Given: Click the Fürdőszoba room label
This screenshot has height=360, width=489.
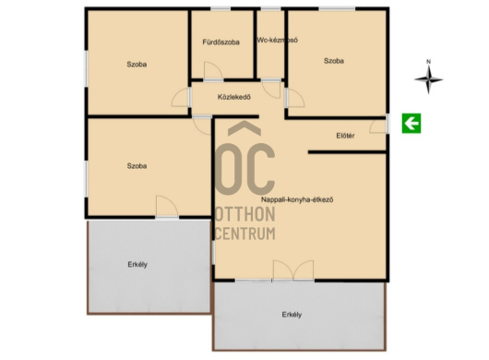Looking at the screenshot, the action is (x=221, y=42).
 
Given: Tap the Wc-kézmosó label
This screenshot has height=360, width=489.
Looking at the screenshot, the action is (x=277, y=41).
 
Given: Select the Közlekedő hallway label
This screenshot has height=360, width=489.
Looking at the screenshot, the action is (x=234, y=97).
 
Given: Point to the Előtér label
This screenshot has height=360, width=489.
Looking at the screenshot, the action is (x=345, y=136).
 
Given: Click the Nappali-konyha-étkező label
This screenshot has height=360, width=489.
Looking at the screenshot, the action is (x=297, y=199).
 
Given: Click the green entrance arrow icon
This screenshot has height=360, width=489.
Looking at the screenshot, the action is (x=411, y=123).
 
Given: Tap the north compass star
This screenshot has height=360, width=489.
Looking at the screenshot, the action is (x=428, y=79).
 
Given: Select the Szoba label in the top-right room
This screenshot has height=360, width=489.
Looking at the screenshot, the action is (x=334, y=61).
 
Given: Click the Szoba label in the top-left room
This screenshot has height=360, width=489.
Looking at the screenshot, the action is (x=137, y=65).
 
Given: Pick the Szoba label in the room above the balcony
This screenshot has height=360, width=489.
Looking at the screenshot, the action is (x=137, y=166).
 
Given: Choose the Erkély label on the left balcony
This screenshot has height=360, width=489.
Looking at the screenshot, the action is (x=137, y=265).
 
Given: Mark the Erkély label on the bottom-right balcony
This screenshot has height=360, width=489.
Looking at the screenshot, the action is (x=292, y=315).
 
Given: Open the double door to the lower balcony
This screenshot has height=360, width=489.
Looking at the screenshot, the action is (x=293, y=270).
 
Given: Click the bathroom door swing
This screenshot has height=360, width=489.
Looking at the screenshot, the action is (x=213, y=70).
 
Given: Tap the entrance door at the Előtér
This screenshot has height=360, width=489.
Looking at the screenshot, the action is (x=379, y=126).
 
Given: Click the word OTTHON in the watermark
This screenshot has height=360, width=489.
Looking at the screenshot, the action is (x=245, y=214).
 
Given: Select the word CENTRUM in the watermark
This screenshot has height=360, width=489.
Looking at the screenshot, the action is (x=245, y=234).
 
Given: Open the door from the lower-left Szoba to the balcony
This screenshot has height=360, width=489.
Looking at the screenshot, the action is (x=167, y=206).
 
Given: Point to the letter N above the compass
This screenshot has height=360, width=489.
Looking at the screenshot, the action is (x=428, y=62).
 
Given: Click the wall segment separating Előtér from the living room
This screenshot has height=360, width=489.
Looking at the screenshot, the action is (x=347, y=152).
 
